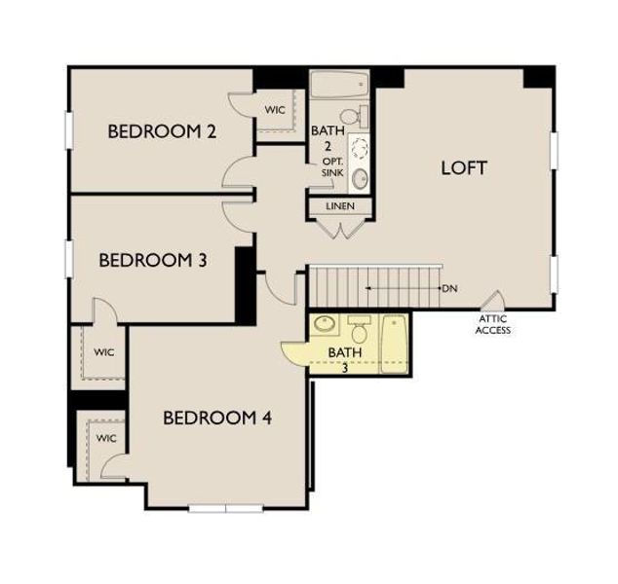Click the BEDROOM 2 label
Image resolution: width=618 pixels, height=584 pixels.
click(x=161, y=131)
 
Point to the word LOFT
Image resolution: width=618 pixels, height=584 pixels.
click(x=463, y=166)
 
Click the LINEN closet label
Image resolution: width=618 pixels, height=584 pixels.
click(x=339, y=207)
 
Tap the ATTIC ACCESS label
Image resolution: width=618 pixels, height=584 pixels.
click(x=492, y=324)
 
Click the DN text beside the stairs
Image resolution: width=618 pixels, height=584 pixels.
click(x=449, y=289)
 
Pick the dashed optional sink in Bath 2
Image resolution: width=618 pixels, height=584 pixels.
click(x=359, y=149)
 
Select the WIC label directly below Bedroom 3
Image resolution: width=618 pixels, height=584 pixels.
click(x=103, y=351)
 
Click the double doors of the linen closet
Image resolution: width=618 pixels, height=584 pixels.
click(x=339, y=229)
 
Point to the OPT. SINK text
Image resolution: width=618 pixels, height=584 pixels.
click(x=332, y=166)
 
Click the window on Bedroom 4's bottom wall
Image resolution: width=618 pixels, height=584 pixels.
click(x=226, y=508)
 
